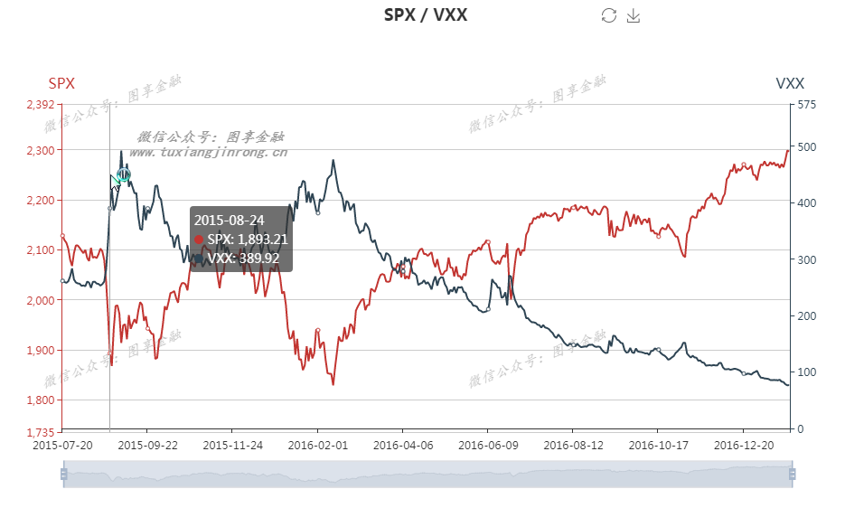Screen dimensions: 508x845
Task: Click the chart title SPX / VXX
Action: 426,14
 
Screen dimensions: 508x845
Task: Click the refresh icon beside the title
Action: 609,15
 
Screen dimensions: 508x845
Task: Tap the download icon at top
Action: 634,15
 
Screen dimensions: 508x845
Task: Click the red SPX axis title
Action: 61,83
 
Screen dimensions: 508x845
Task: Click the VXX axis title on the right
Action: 790,83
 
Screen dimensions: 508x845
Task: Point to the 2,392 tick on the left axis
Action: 41,104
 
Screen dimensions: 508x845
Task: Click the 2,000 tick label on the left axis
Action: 41,300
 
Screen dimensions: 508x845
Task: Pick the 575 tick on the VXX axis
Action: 807,104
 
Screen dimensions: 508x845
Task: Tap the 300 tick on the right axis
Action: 807,260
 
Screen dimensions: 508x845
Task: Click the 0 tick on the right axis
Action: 801,429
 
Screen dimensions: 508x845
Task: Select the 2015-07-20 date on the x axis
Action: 61,446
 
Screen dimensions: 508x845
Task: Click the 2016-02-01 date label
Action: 317,446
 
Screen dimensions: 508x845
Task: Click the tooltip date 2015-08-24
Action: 230,220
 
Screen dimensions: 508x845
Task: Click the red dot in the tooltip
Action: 199,240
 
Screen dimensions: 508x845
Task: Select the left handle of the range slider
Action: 63,474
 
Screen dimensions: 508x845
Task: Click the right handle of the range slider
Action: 793,474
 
